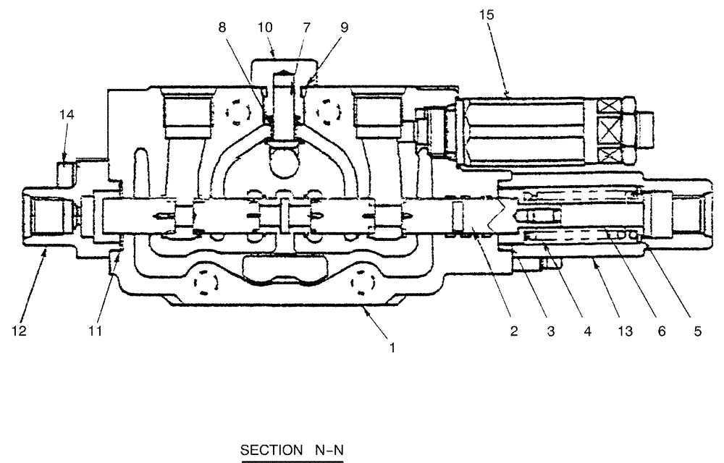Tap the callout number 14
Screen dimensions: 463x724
point(67,114)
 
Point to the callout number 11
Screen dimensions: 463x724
point(95,331)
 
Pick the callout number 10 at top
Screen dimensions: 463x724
point(265,27)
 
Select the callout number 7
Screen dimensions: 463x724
point(307,27)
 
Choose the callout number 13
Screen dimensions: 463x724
point(623,331)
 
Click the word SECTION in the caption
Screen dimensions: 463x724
point(267,451)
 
